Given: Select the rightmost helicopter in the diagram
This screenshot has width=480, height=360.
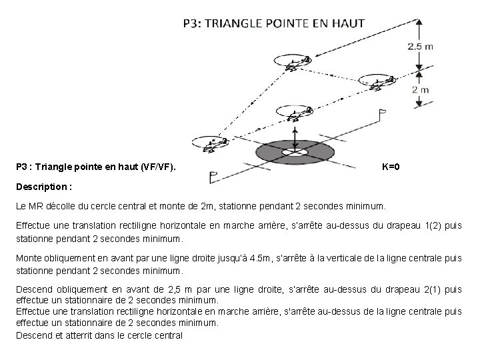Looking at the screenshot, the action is coord(378,82).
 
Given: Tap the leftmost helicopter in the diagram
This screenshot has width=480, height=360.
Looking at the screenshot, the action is coord(210,142).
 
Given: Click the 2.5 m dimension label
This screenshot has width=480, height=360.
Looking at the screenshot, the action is coord(420,46).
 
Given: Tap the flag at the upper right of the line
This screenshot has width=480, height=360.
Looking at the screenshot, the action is coord(383,115).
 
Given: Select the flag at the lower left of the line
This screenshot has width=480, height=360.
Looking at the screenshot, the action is coord(213,177).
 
